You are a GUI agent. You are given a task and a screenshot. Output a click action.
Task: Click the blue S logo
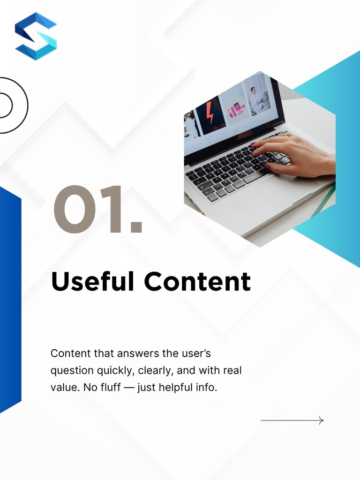[36, 36]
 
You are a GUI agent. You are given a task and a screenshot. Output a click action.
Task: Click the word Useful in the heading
[93, 281]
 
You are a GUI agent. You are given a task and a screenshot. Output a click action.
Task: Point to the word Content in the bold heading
[197, 281]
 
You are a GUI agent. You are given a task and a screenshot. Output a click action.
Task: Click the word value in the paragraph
[61, 389]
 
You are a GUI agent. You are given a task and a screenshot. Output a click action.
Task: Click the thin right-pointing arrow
[292, 420]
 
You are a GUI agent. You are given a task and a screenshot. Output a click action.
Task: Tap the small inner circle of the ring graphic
[4, 105]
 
